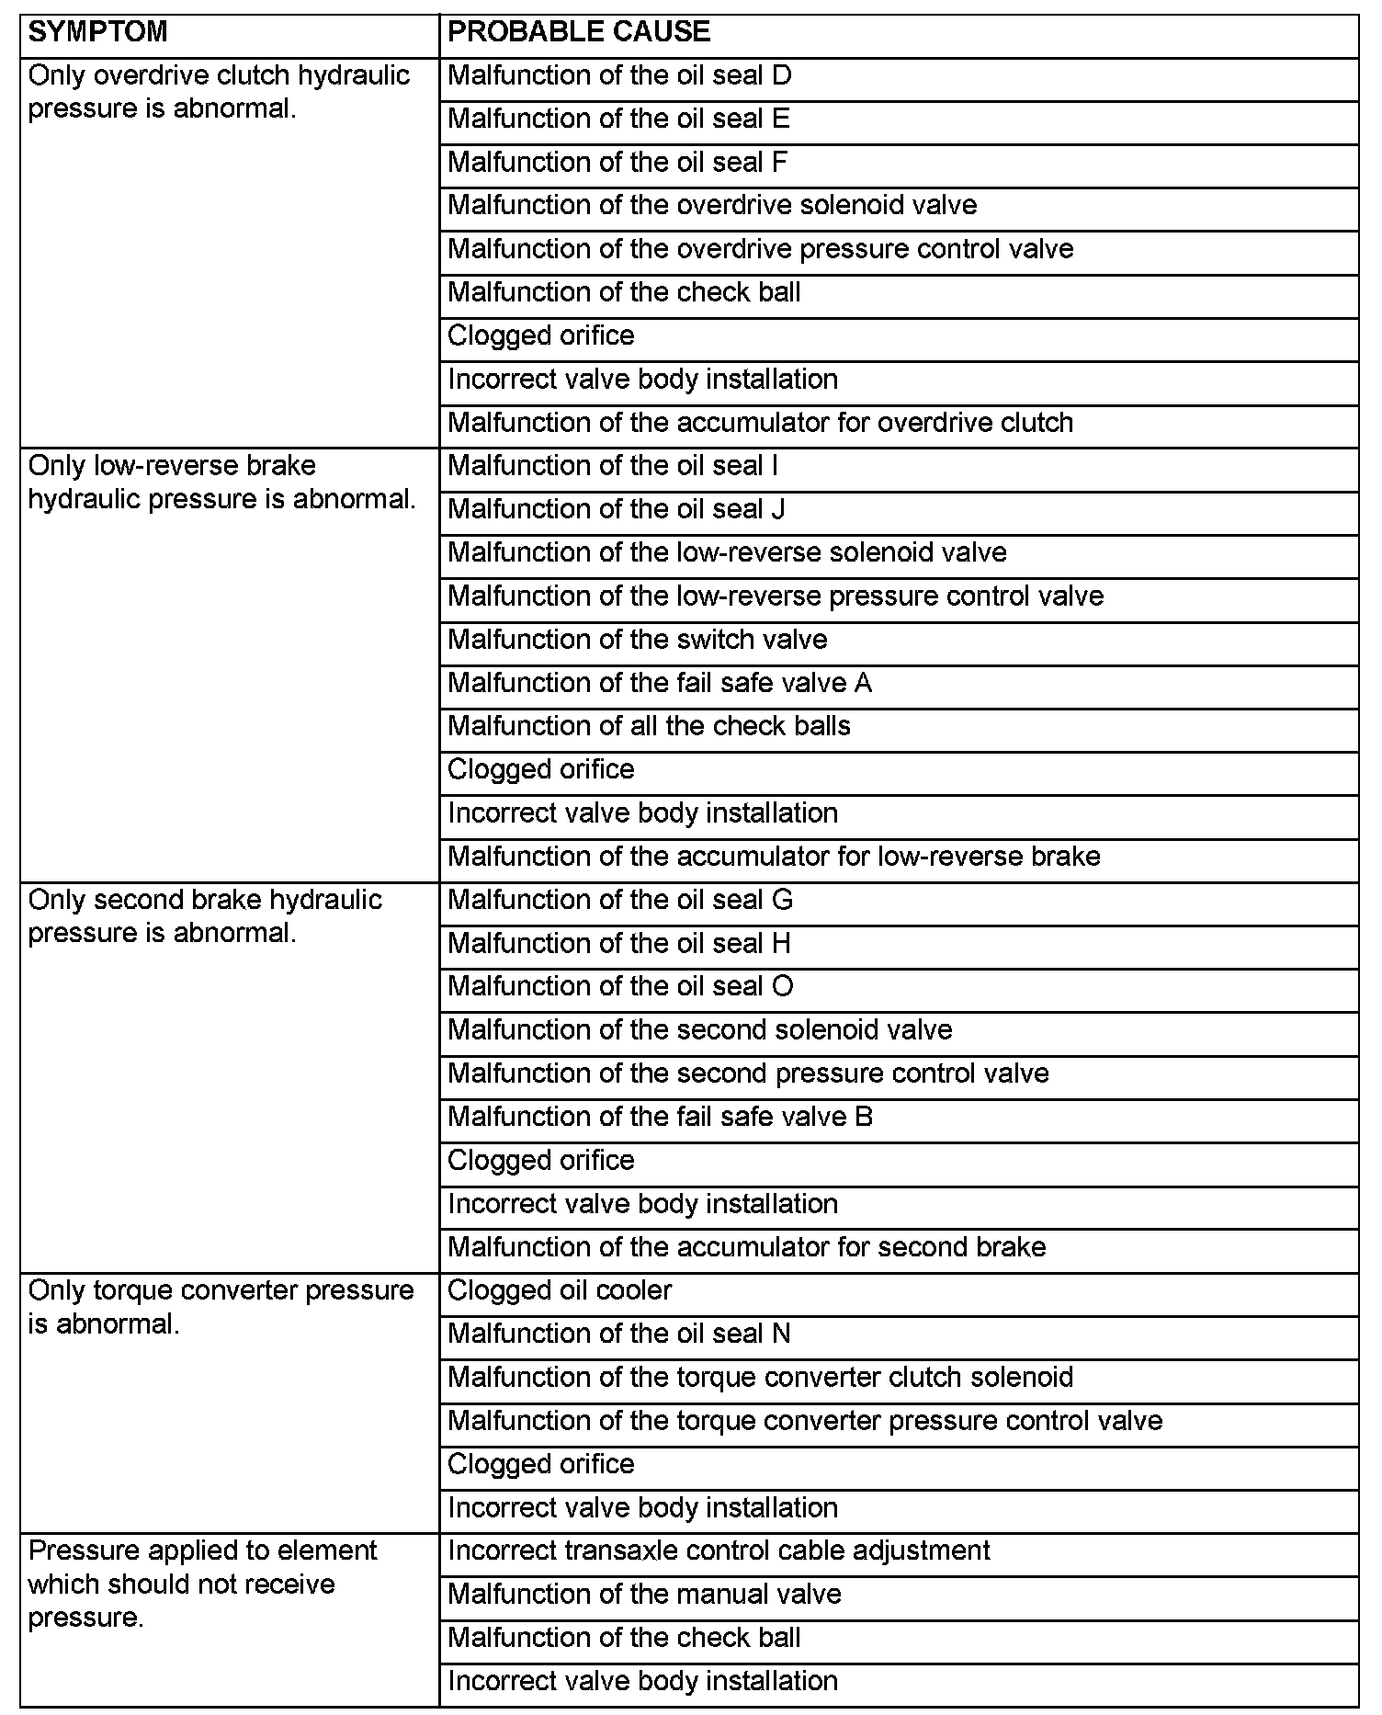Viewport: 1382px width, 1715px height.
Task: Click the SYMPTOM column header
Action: [98, 32]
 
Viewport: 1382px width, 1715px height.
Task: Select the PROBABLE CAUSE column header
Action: [579, 32]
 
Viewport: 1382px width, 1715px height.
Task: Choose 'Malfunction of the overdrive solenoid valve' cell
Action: [711, 205]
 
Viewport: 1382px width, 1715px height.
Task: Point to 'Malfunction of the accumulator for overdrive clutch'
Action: [760, 423]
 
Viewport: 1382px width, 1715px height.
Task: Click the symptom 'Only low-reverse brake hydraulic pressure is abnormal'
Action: [221, 483]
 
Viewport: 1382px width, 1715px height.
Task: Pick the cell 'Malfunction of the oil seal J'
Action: [616, 509]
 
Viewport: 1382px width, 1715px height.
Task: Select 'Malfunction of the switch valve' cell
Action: [637, 640]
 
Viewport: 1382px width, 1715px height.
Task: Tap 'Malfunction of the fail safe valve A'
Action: [659, 683]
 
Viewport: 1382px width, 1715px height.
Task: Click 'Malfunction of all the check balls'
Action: [649, 726]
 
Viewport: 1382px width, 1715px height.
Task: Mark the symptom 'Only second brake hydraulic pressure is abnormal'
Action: [205, 916]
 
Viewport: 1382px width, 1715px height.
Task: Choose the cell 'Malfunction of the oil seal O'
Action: [620, 986]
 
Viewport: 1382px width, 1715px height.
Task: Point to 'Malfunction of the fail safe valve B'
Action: [660, 1117]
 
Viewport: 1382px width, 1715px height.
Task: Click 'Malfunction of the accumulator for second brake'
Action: [746, 1247]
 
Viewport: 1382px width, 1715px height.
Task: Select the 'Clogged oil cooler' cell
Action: [560, 1290]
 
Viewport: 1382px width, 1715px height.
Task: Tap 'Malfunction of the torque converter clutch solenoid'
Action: [760, 1377]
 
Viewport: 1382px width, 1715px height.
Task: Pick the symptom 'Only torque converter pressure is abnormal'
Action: [221, 1307]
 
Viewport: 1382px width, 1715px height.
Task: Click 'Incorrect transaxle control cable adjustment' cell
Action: [719, 1550]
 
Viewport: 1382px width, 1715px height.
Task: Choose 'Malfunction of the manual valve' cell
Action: [644, 1594]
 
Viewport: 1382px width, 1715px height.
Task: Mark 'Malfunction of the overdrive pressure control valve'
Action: [760, 249]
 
